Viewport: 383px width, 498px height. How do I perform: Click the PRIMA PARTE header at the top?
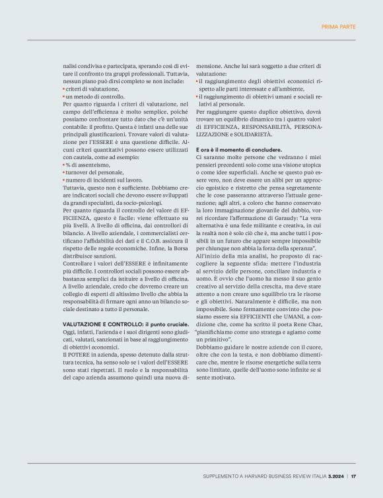338,27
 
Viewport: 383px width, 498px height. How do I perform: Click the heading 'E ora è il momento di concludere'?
239,150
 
